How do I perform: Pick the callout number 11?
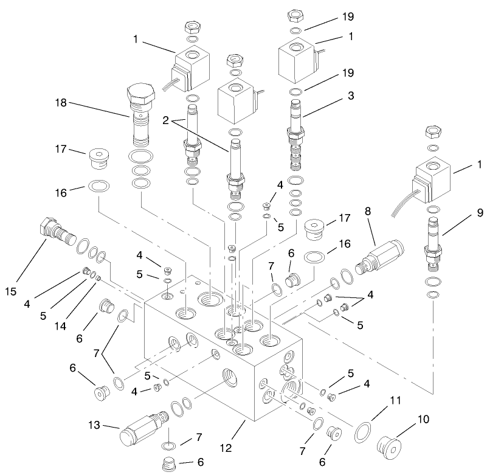click(x=396, y=401)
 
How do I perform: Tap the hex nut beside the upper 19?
click(x=297, y=15)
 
